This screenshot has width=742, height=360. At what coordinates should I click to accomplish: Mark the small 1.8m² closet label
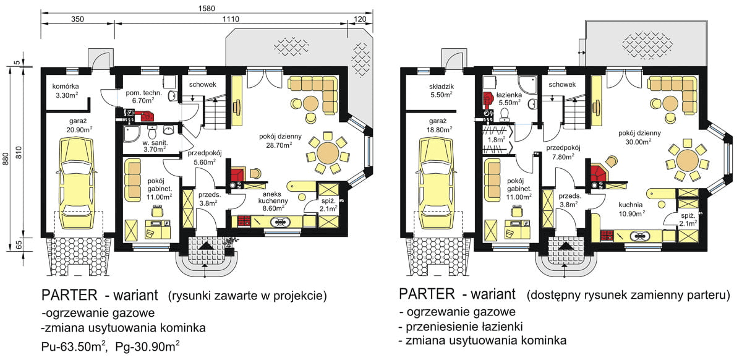[x=494, y=140]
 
